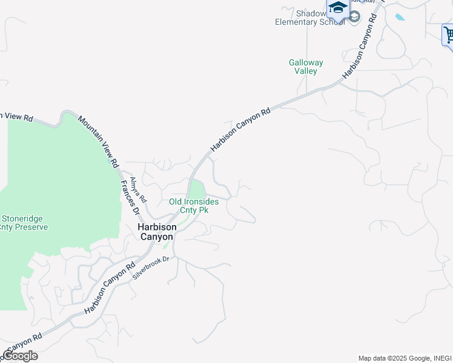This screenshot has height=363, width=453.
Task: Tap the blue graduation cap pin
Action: [x=337, y=8]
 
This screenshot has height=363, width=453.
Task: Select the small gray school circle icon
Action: [x=354, y=16]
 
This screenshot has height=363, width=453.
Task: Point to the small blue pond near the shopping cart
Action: [x=400, y=17]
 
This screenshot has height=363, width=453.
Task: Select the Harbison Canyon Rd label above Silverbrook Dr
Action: [x=110, y=287]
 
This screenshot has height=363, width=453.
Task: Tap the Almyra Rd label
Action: [x=139, y=189]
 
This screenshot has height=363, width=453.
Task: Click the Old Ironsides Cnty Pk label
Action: [x=193, y=206]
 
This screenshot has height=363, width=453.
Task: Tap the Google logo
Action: [x=20, y=356]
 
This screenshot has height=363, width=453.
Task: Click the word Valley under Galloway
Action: [x=306, y=71]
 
